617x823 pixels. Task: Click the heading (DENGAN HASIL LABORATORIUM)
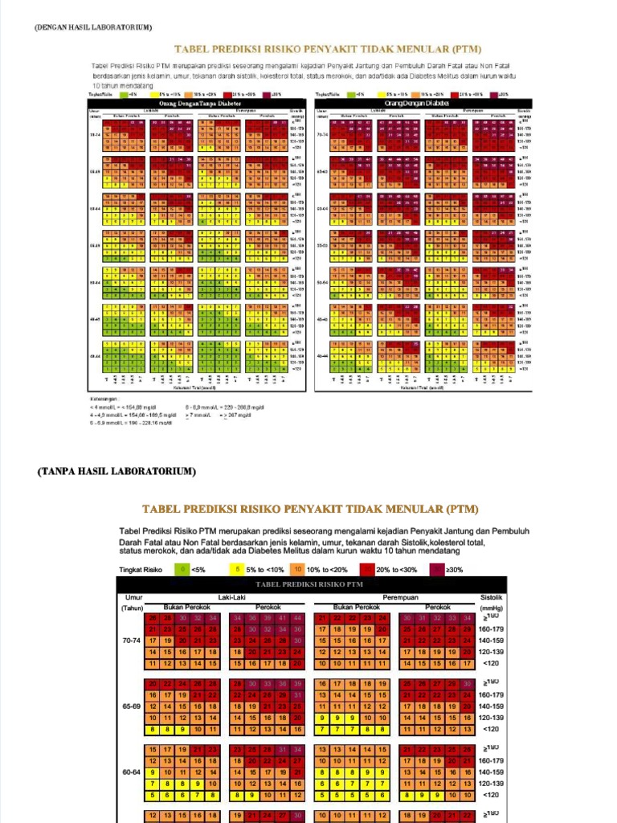(x=92, y=28)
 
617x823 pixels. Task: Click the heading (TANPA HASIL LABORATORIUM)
(x=116, y=471)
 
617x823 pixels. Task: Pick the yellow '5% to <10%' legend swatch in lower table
(x=237, y=569)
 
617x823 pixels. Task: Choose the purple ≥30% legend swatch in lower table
(x=437, y=569)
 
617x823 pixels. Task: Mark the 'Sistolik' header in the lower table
(x=491, y=598)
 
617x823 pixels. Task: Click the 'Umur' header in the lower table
(x=133, y=598)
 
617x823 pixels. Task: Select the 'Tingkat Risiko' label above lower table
(x=141, y=569)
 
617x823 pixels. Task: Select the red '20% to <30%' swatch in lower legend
(x=366, y=569)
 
